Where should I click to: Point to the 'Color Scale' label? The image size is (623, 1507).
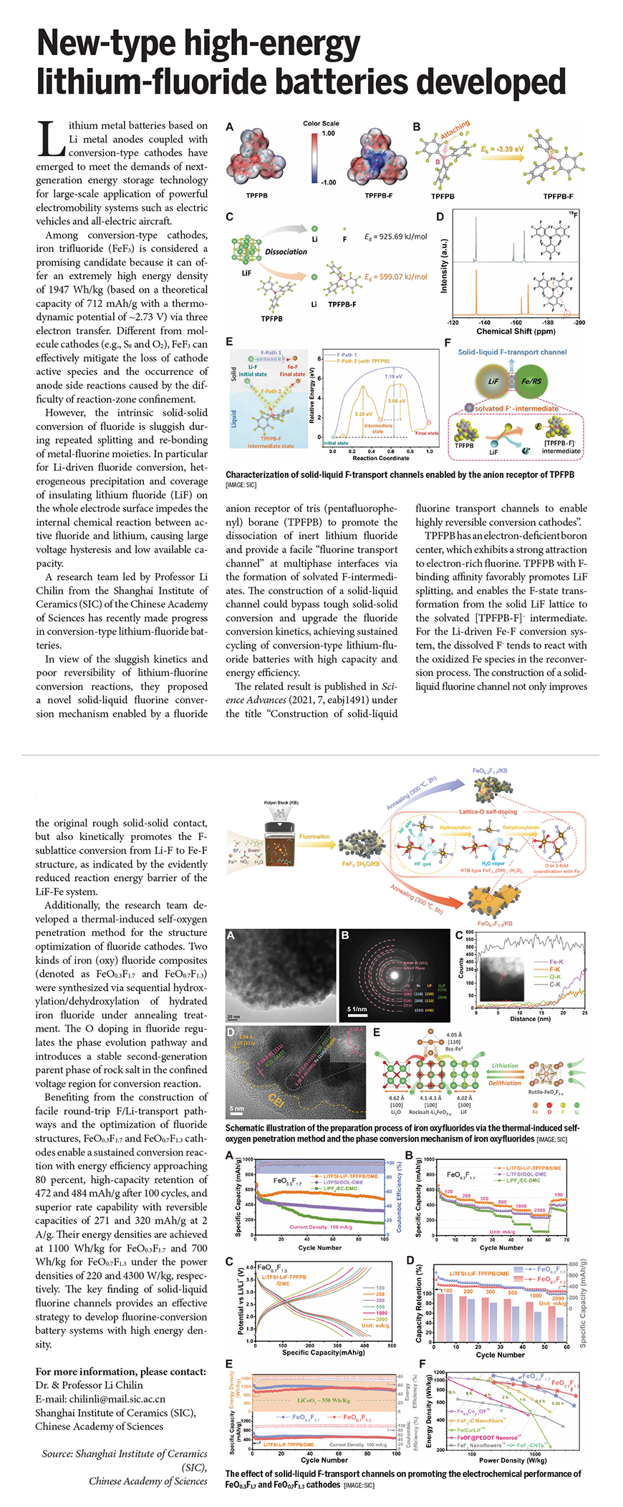(x=321, y=124)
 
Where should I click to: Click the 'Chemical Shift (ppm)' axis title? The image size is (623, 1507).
(x=516, y=331)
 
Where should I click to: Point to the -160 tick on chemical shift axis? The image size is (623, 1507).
(x=516, y=323)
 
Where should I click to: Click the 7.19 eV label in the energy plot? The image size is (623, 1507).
(x=393, y=376)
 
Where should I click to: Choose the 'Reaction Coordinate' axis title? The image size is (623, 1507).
(x=380, y=458)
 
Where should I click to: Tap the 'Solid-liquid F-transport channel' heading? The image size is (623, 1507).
(x=512, y=352)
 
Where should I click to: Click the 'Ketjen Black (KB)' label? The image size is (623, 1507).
(x=281, y=803)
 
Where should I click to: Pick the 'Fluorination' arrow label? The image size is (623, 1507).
(x=314, y=836)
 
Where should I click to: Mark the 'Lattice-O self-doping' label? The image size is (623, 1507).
(x=488, y=812)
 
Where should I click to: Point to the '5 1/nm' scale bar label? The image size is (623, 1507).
(x=357, y=1009)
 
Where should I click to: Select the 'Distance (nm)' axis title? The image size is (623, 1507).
(x=522, y=1018)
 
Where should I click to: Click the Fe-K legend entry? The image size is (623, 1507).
(x=556, y=962)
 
